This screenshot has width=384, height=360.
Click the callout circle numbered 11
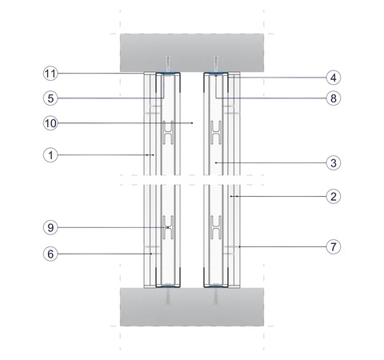pos(50,74)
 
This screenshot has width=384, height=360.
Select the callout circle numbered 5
pos(50,98)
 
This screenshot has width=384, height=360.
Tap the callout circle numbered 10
pos(50,123)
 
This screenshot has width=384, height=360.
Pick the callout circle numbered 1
pos(50,154)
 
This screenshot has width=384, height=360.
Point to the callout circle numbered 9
pos(50,227)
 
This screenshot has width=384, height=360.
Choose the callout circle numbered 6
pos(50,254)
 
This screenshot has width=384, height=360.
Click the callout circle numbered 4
pos(334,78)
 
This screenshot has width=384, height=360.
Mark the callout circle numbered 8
pos(334,98)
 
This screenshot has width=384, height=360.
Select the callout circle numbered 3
pos(334,162)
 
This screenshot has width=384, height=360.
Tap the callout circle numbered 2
pos(334,197)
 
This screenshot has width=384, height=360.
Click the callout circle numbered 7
pos(334,246)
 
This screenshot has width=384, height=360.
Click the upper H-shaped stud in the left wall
pos(168,133)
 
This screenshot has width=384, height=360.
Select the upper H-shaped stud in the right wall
pos(216,133)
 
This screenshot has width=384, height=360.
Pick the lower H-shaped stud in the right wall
pos(216,227)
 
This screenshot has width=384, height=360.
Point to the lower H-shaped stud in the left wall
pos(168,227)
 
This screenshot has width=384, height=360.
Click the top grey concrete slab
pos(192,53)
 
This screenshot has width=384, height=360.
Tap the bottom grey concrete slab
pos(192,306)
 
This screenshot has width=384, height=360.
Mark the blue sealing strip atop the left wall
pos(168,73)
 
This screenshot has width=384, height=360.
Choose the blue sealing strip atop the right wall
pos(216,73)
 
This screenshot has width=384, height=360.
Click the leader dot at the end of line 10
pos(192,123)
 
